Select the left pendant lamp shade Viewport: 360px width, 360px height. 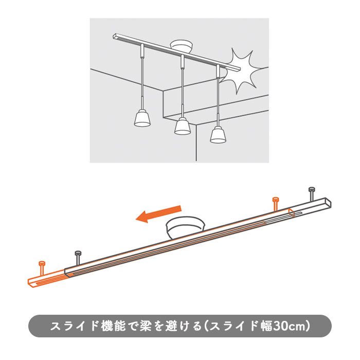142,118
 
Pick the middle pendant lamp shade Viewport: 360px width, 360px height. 183,125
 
